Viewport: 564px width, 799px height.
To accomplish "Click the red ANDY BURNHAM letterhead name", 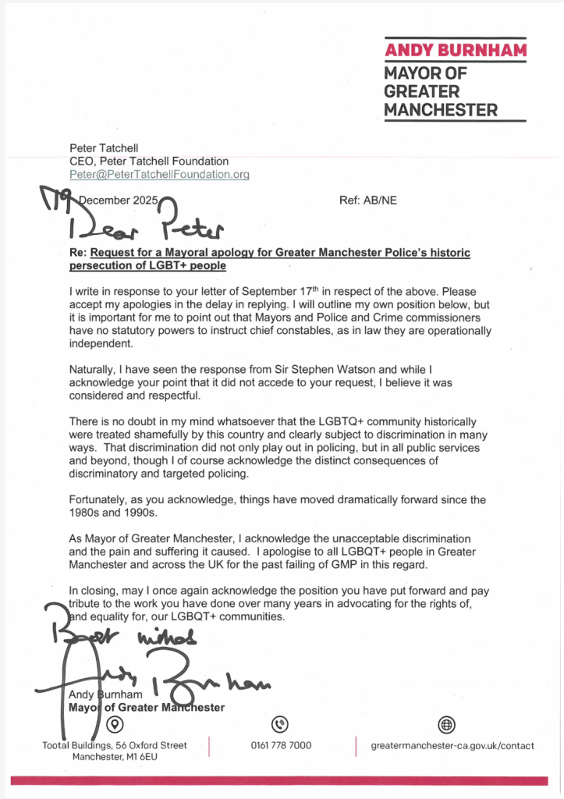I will pyautogui.click(x=456, y=51).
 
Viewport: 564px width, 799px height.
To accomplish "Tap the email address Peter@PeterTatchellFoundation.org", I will pyautogui.click(x=159, y=175).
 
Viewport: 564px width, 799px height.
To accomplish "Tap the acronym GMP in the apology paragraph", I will pyautogui.click(x=356, y=564).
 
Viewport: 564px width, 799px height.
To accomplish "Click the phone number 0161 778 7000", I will pyautogui.click(x=281, y=745).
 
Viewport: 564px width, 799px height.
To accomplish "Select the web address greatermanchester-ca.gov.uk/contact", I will pyautogui.click(x=452, y=745).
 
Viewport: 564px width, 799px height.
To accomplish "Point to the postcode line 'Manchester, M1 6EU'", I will pyautogui.click(x=114, y=757).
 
